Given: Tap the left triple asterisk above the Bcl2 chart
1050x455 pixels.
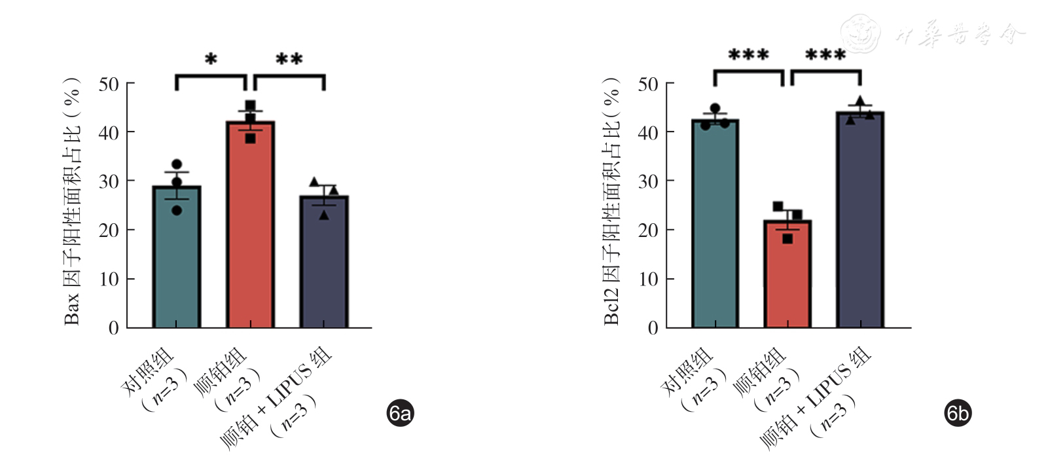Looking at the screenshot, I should pyautogui.click(x=748, y=55).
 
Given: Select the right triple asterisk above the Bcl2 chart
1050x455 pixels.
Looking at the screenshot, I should pyautogui.click(x=825, y=55).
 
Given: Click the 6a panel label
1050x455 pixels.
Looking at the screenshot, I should pyautogui.click(x=400, y=413).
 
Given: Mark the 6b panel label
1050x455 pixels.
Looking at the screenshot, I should pyautogui.click(x=958, y=413).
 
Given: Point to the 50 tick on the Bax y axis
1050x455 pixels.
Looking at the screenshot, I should pyautogui.click(x=109, y=84).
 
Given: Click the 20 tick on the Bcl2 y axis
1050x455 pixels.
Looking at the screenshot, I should pyautogui.click(x=648, y=230).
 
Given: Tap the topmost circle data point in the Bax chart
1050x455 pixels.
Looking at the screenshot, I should pyautogui.click(x=177, y=164).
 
